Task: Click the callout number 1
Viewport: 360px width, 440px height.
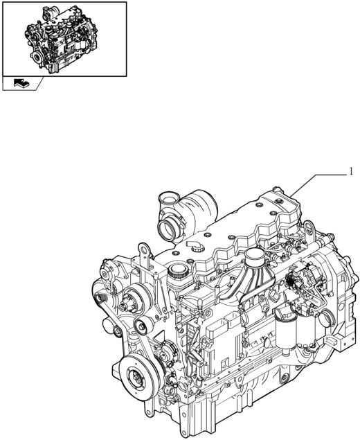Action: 351,170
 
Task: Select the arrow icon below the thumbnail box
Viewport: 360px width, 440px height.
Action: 21,84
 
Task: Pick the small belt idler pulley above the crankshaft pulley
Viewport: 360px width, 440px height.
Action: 143,328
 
